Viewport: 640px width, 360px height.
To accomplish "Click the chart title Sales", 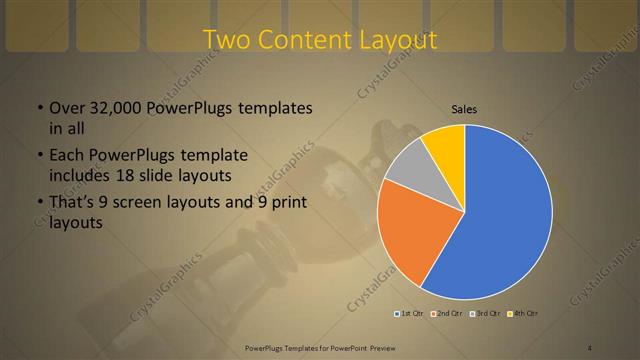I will click(464, 108).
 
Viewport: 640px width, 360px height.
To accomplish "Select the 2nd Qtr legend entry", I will click(446, 314).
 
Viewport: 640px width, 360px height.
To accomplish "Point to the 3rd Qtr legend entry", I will click(486, 314).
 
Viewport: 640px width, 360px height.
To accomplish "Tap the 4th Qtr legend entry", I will click(523, 314).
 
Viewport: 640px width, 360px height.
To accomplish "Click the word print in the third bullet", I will click(288, 203).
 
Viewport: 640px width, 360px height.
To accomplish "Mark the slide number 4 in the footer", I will click(590, 346).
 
